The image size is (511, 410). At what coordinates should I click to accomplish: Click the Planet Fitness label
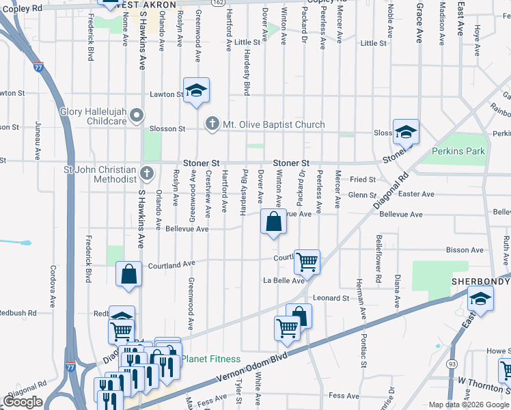(215, 359)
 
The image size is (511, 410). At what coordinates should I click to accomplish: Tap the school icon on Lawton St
(196, 90)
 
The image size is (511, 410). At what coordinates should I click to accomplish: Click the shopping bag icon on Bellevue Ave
(273, 222)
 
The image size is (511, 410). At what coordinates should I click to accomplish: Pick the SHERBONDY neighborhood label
(480, 282)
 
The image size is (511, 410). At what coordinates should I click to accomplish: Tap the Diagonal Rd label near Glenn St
(390, 193)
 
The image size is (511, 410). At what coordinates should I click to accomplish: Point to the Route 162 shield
(217, 3)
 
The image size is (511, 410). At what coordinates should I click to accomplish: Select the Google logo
(23, 402)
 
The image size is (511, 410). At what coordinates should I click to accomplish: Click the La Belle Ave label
(284, 281)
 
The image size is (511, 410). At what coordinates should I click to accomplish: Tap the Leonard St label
(331, 298)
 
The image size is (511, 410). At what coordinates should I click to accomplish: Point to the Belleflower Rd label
(378, 260)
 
